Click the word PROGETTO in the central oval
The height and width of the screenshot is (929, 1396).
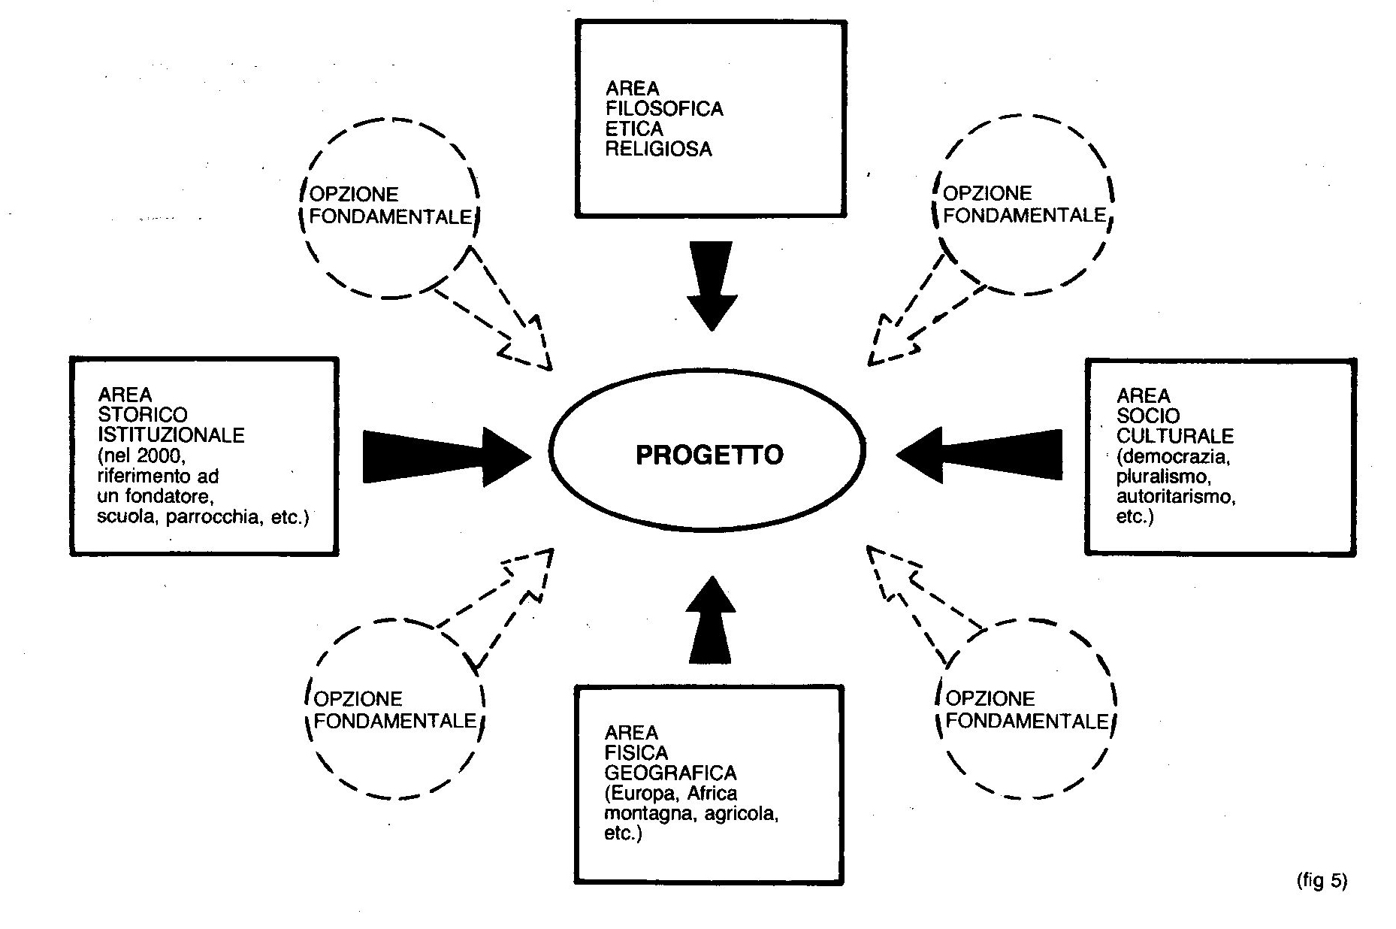[x=709, y=455]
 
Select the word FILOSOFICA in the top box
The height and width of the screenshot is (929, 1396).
[x=664, y=109]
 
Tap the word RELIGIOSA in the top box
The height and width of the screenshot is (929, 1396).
[x=658, y=149]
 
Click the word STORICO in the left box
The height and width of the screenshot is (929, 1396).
[x=143, y=415]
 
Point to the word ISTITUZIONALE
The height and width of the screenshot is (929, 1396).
[x=171, y=435]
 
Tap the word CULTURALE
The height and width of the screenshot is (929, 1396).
[x=1175, y=436]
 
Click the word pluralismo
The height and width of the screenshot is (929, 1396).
[x=1162, y=477]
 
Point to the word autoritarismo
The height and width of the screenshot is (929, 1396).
[x=1176, y=497]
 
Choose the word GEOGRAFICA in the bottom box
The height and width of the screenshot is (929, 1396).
[x=670, y=773]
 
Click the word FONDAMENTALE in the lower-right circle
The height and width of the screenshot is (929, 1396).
[x=1027, y=722]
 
